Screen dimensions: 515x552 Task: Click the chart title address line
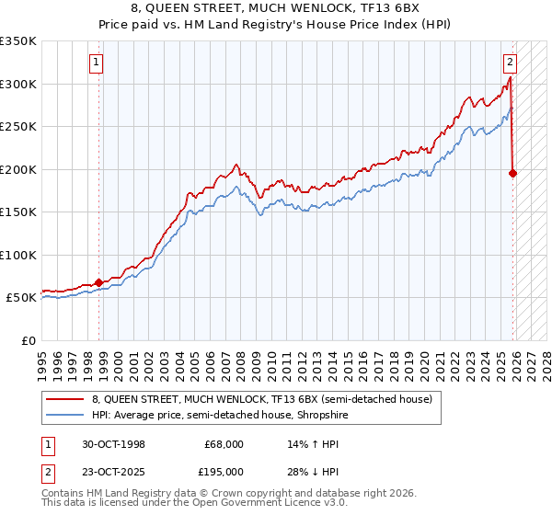pyautogui.click(x=276, y=8)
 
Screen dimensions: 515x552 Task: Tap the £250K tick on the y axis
pyautogui.click(x=18, y=127)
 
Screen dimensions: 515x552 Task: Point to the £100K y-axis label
pyautogui.click(x=18, y=255)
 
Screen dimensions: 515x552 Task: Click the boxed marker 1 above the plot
pyautogui.click(x=97, y=63)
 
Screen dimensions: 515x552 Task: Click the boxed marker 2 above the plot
pyautogui.click(x=509, y=63)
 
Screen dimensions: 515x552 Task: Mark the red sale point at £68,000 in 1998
pyautogui.click(x=99, y=282)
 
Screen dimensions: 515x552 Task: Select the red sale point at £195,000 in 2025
pyautogui.click(x=513, y=172)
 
